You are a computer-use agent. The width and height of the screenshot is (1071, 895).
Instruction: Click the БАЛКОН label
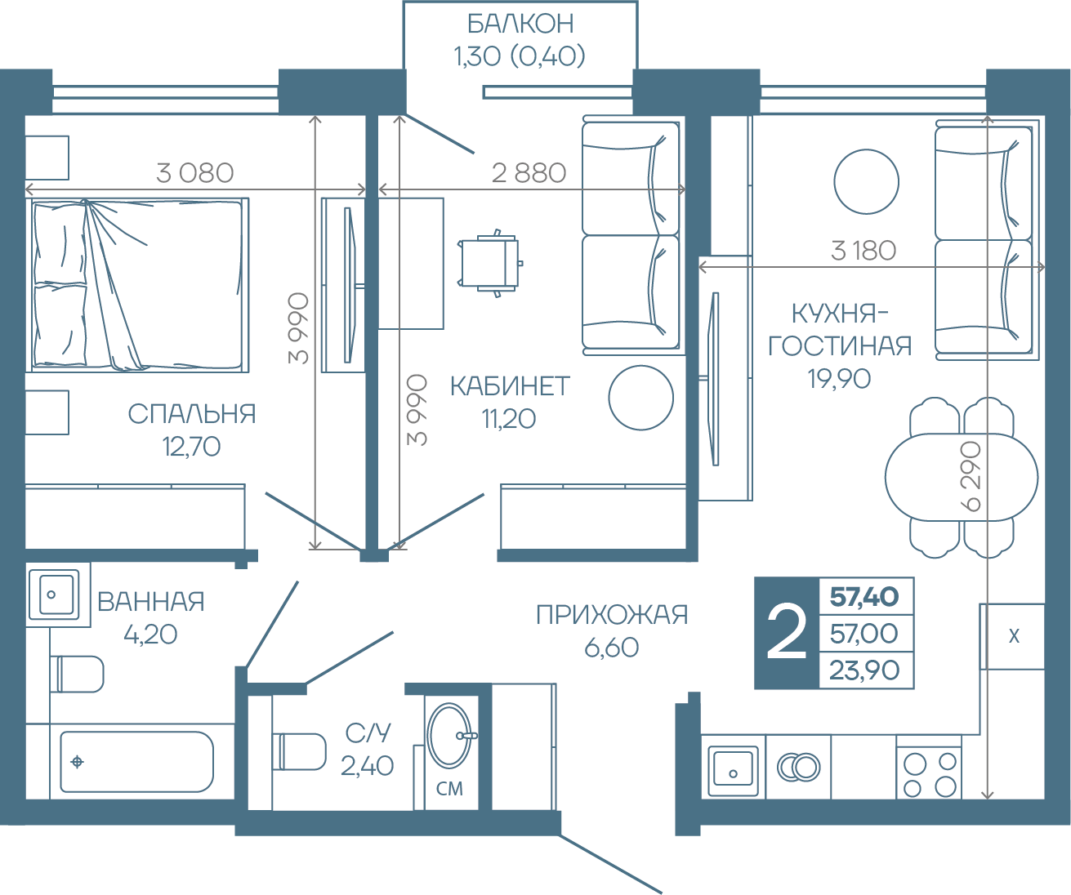click(x=520, y=24)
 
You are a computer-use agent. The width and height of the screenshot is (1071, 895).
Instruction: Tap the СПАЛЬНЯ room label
click(x=191, y=414)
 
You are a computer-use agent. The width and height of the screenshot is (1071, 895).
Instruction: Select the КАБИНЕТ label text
click(x=510, y=386)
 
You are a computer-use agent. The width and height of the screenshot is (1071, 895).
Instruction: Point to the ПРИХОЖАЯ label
click(x=612, y=614)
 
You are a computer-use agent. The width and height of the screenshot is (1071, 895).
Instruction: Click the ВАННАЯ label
click(x=151, y=602)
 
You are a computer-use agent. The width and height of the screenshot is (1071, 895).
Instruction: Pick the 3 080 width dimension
click(x=195, y=173)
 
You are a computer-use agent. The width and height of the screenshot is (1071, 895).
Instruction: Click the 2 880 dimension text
click(x=529, y=173)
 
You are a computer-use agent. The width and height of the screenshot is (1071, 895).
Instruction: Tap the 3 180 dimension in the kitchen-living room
click(x=863, y=251)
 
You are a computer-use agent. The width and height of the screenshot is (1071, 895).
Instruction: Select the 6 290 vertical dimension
click(x=971, y=476)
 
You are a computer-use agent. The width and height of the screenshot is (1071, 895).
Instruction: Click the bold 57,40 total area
click(x=864, y=596)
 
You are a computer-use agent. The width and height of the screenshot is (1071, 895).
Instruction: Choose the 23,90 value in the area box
click(x=864, y=670)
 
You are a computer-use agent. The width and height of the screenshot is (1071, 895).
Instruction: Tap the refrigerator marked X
click(x=1012, y=636)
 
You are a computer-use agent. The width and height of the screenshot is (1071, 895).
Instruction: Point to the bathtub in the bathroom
click(x=136, y=762)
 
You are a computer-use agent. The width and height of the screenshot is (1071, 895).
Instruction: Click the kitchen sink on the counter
click(x=733, y=770)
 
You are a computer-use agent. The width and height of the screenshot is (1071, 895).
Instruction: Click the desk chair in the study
click(x=490, y=263)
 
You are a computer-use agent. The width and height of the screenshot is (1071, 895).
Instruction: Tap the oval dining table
click(x=962, y=478)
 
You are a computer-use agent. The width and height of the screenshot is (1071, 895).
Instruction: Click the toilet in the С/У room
click(x=299, y=752)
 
